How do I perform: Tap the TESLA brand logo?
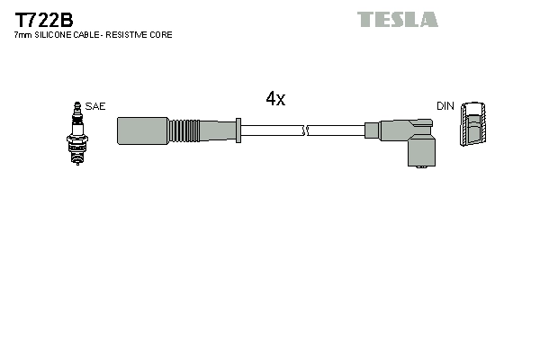(397, 19)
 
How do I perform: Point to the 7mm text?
(23, 35)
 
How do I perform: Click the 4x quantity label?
(275, 99)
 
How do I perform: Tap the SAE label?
(95, 106)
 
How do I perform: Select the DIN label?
(445, 106)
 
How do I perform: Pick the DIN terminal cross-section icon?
(472, 126)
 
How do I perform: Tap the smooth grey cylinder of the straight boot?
(142, 130)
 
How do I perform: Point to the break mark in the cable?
(307, 130)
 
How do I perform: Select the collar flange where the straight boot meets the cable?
(237, 130)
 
